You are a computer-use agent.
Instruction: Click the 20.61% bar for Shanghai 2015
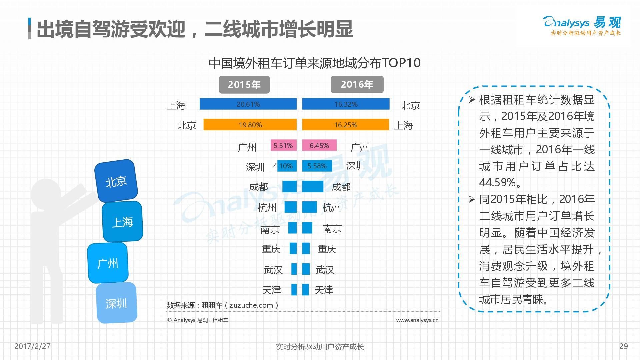pos(248,104)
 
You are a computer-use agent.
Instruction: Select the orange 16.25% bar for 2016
pos(345,125)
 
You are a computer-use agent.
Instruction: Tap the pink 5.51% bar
pos(283,145)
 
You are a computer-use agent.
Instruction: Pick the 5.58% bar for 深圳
pos(317,166)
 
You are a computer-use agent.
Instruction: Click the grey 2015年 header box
pos(244,85)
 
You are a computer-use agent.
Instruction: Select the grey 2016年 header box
pos(357,85)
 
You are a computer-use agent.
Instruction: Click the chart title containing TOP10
pos(314,63)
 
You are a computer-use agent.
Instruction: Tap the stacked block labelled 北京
pos(116,181)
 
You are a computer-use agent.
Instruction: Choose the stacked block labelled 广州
pos(108,263)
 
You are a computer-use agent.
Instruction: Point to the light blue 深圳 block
pos(116,303)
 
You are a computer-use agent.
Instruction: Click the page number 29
pos(623,346)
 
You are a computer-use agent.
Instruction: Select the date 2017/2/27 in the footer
pos(32,346)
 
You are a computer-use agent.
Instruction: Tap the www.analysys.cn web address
pos(417,320)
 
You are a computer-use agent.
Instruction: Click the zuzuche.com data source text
pos(251,305)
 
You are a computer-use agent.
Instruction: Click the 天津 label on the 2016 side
pos(324,290)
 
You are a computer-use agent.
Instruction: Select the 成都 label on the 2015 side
pos(258,187)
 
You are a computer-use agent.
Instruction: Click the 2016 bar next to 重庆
pos(306,249)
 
